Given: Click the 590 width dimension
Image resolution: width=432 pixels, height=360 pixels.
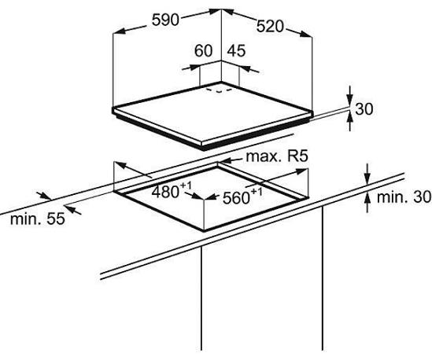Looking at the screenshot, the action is coord(165,20).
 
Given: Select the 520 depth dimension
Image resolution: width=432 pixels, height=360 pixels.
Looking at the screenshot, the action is coord(270,27).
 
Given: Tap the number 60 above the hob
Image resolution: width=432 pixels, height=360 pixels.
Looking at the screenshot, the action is coord(203,51).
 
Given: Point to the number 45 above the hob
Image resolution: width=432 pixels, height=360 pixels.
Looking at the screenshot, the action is coord(236,51).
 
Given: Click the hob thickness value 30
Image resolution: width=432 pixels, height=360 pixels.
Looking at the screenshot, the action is coord(364,109).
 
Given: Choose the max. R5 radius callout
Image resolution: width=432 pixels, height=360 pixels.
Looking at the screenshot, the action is coord(276,156).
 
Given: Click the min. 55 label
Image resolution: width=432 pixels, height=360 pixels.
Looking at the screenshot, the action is coord(38,219).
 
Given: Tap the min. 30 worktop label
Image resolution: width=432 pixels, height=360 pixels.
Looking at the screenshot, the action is coord(404,197).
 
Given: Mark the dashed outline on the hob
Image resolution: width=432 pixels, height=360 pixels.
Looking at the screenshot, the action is coord(220,90).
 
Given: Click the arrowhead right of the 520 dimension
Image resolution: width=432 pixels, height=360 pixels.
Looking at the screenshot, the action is coord(306,34).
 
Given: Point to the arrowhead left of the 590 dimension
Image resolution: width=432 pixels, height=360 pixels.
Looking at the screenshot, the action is coord(120,31).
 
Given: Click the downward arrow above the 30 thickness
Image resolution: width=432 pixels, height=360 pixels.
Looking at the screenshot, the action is coord(350,95).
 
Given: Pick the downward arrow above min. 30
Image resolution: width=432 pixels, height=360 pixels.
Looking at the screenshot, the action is coord(367,174).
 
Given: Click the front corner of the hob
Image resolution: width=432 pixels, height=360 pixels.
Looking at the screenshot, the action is coord(204,146).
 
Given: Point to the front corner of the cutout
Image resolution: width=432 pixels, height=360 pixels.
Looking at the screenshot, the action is coord(204,230).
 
